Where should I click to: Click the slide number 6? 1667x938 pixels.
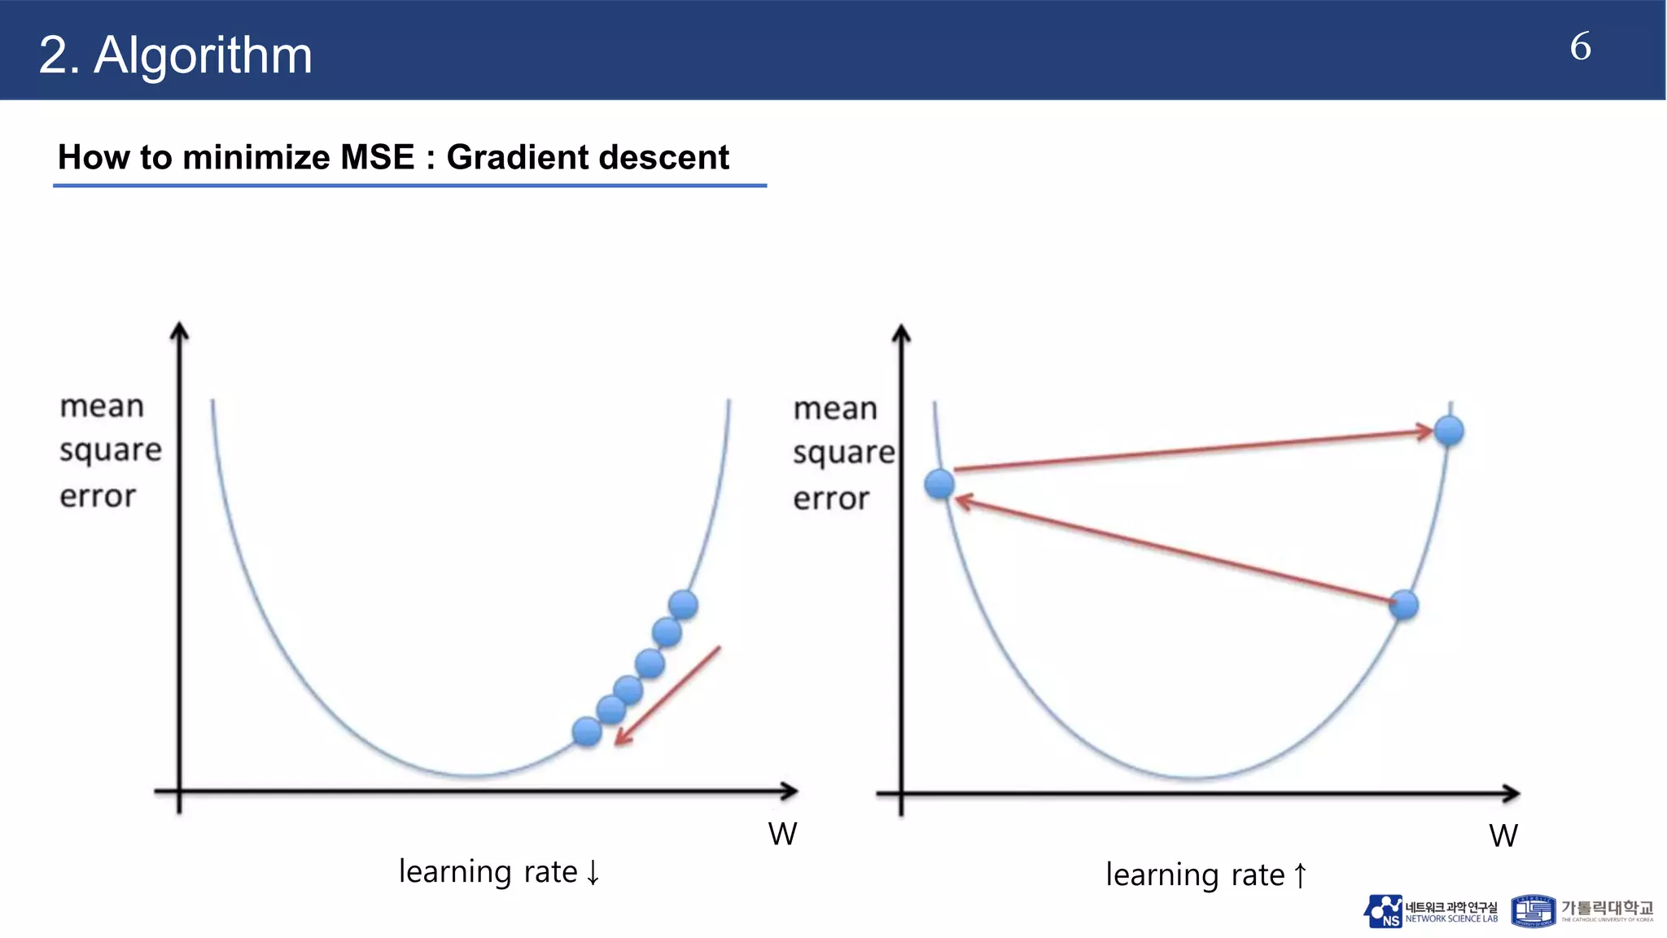click(x=1580, y=46)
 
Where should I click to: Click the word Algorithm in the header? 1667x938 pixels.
click(x=203, y=55)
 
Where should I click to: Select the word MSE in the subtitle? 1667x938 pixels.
click(x=377, y=157)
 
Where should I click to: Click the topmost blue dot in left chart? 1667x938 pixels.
click(x=683, y=605)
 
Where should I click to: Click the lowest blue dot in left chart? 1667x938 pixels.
click(x=587, y=731)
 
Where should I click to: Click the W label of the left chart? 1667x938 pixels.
click(x=782, y=834)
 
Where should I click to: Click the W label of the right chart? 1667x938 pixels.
click(x=1503, y=835)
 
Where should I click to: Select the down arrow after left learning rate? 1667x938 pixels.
click(x=593, y=872)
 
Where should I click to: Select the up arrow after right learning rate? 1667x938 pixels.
click(x=1300, y=875)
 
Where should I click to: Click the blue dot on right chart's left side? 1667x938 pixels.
click(x=939, y=484)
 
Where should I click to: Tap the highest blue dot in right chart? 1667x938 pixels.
click(x=1449, y=431)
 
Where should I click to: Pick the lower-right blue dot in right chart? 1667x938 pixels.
click(x=1404, y=605)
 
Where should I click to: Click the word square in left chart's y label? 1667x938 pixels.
click(x=110, y=450)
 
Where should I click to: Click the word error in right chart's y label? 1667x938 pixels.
click(x=831, y=498)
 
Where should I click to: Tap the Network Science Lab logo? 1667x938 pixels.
click(x=1430, y=912)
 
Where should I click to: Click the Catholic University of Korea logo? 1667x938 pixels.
click(x=1582, y=912)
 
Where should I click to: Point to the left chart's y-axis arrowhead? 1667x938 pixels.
click(x=179, y=330)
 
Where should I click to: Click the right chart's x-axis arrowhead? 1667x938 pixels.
click(x=1512, y=793)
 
